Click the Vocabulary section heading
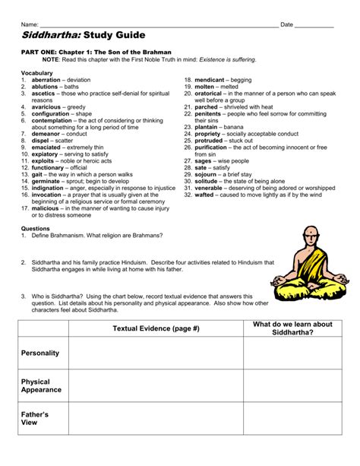click(x=37, y=72)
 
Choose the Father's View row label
click(x=35, y=419)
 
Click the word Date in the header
click(x=286, y=24)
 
